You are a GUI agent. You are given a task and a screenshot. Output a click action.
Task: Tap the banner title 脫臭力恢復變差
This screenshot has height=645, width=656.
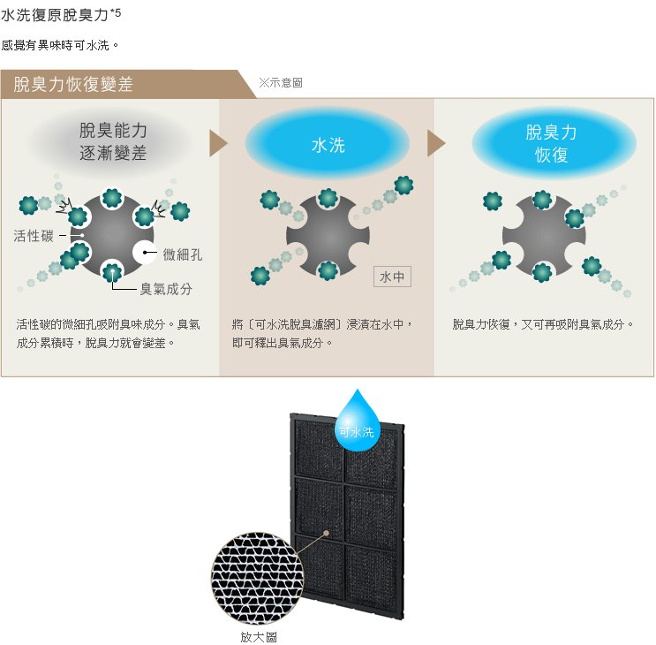pos(73,85)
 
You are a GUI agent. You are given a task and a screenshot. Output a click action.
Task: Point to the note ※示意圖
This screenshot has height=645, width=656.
pos(281,82)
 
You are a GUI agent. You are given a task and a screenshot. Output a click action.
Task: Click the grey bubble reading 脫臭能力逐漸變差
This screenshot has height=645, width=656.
pos(113,142)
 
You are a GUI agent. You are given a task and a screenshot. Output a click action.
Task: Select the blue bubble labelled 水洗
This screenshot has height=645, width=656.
pos(328,144)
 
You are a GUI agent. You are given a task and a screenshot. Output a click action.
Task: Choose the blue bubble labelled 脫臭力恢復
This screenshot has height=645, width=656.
pos(553,143)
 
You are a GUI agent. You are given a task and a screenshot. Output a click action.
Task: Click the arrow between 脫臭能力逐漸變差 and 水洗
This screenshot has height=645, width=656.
pos(218,143)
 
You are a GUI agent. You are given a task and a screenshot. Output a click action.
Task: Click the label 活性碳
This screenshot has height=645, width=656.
pos(33,236)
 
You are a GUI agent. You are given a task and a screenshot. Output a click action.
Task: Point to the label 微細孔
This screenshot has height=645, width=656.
pos(183,254)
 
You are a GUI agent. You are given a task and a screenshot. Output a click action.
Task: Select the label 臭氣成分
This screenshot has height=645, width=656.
pos(166,289)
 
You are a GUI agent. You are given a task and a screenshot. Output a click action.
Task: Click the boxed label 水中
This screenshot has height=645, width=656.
pos(392,277)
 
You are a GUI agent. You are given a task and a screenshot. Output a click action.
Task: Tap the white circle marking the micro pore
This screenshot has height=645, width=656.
pos(145,254)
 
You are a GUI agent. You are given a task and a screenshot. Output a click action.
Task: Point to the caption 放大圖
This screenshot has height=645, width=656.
pos(253,636)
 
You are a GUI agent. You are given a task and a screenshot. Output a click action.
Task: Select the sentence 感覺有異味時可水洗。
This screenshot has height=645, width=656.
pos(60,44)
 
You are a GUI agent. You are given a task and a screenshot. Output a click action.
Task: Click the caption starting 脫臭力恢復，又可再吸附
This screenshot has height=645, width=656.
pos(543,325)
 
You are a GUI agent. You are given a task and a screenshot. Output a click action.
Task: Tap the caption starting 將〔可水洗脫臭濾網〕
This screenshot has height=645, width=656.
pos(323,333)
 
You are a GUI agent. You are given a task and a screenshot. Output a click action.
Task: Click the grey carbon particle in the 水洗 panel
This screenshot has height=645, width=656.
pos(328,236)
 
